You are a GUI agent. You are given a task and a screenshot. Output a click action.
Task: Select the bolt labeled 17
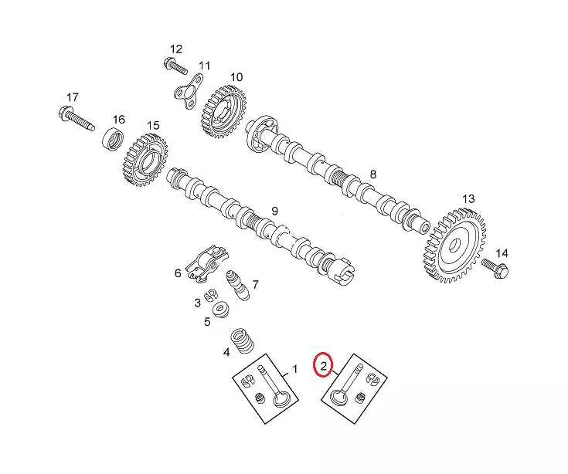74,119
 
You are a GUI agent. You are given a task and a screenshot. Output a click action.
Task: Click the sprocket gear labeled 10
223,110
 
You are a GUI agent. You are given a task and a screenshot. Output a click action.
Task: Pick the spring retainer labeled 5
221,311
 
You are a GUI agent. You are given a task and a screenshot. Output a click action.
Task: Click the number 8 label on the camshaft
372,175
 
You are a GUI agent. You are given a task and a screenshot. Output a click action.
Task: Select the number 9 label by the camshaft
274,212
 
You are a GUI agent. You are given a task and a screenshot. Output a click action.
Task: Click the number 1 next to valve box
294,370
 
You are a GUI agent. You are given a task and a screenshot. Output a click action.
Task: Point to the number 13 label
468,199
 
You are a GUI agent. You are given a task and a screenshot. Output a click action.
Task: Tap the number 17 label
73,97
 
